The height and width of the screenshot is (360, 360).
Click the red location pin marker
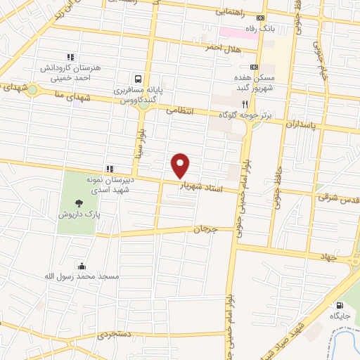pos(181,166)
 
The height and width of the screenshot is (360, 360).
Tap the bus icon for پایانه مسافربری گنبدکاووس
pos(138,79)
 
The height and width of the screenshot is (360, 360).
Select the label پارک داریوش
pos(79,212)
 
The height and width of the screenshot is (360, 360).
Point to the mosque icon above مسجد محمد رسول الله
pos(82,266)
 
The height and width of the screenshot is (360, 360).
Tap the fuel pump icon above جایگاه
pos(340,306)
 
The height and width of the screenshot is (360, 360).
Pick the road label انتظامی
pos(179,110)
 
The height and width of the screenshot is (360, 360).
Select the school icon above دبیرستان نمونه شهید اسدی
pos(109,168)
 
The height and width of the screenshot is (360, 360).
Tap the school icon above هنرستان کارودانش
pos(70,57)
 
